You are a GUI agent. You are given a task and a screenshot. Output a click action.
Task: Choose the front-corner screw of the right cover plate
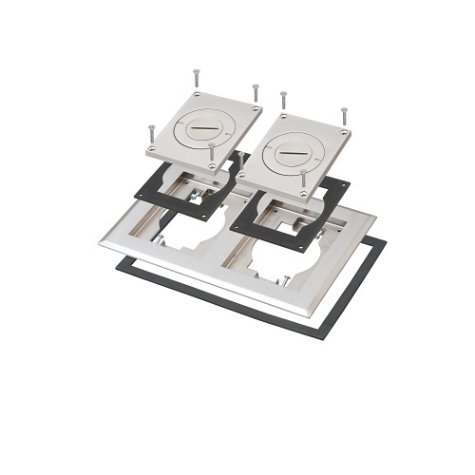(x=302, y=177)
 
